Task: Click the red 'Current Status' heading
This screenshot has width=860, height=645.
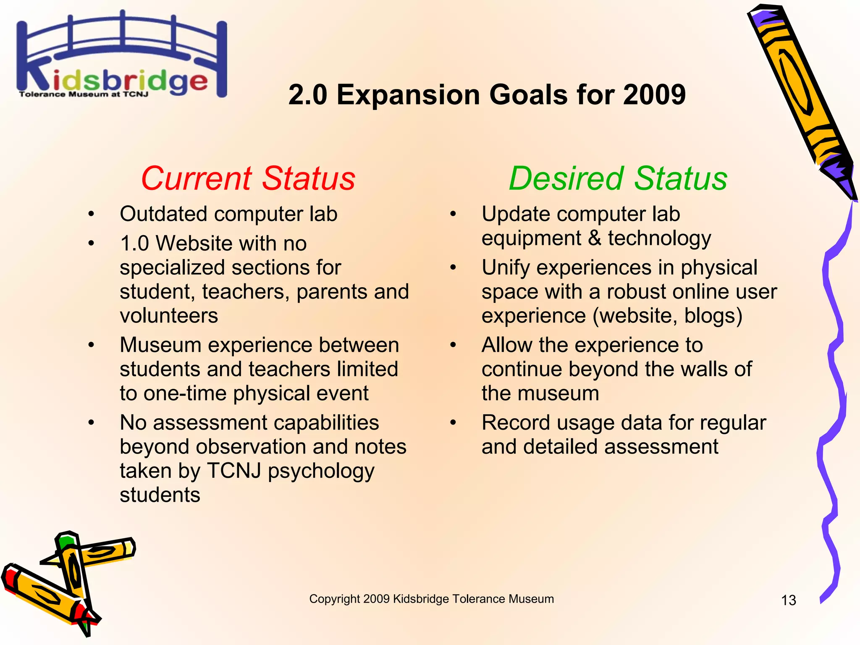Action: coord(248,178)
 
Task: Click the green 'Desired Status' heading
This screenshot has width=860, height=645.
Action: coord(618,178)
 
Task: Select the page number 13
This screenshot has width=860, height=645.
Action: coord(788,600)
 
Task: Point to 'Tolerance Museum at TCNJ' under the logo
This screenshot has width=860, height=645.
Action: coord(84,94)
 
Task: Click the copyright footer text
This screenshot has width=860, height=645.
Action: coord(431,599)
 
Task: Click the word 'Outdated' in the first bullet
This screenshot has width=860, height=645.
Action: coord(164,214)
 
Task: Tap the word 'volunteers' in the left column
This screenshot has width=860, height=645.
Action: coord(169,316)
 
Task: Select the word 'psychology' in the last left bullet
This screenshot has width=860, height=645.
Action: coord(321,471)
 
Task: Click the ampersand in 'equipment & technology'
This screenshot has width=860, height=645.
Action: coord(595,238)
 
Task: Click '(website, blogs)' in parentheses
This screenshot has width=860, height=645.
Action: coord(667,316)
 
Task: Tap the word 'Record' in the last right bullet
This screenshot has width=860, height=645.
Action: coord(515,423)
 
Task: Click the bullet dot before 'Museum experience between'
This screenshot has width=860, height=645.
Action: coord(91,345)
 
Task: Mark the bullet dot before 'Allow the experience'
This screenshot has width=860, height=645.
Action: coord(453,345)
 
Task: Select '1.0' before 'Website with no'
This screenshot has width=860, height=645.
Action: coord(134,244)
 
